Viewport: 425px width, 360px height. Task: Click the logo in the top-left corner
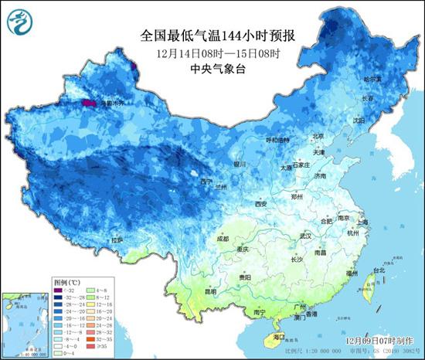(x=19, y=20)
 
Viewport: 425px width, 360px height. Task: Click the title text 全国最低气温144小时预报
(x=212, y=35)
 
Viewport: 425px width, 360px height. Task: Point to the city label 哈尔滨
(x=373, y=79)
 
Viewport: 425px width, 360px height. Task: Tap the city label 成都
(x=223, y=239)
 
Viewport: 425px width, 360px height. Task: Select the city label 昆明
(x=209, y=292)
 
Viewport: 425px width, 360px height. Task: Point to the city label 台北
(x=379, y=270)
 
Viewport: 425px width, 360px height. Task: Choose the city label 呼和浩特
(x=276, y=140)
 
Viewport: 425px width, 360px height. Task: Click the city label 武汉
(x=306, y=235)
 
